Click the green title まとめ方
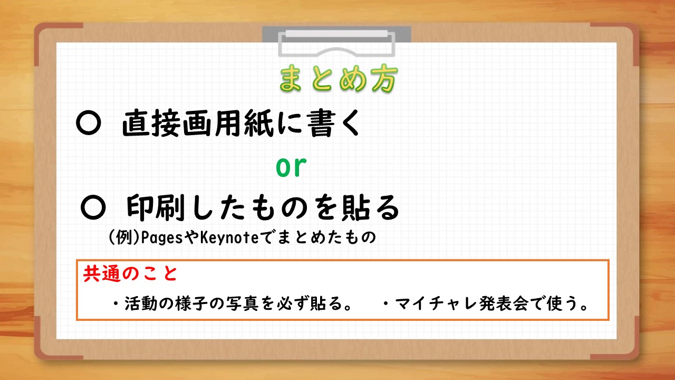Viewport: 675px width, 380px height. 338,79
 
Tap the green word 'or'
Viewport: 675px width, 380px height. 291,167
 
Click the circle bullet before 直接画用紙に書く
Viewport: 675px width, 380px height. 88,123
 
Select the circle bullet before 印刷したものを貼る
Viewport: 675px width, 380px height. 93,207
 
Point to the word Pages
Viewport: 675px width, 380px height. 162,237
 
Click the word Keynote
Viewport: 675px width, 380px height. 229,237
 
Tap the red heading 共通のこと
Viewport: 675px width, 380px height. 130,274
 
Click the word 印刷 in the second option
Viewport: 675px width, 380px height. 156,207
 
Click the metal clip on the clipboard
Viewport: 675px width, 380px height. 336,42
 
